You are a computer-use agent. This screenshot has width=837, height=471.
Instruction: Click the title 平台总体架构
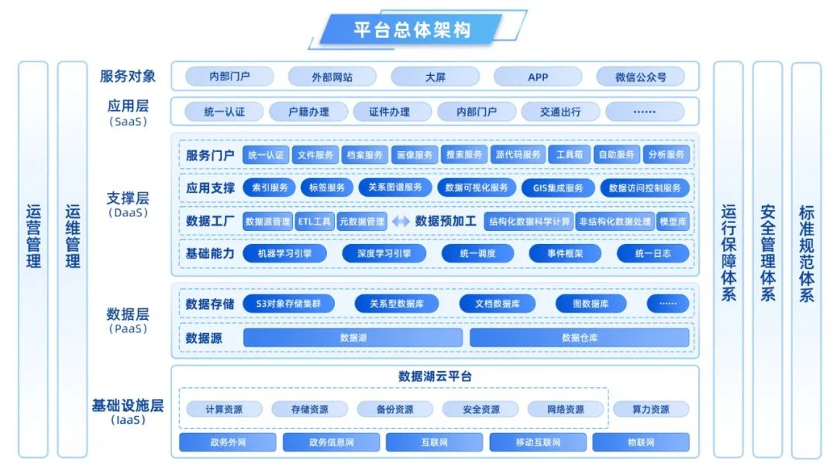[412, 29]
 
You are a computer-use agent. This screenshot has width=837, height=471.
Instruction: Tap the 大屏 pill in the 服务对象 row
[435, 77]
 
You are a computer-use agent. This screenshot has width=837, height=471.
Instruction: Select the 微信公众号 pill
[640, 77]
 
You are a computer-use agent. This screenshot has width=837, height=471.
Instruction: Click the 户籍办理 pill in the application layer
[308, 112]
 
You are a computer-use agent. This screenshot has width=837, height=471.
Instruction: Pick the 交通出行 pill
[560, 112]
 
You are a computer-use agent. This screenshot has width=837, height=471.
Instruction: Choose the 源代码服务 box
[517, 155]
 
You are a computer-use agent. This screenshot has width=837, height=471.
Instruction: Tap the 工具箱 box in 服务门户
[570, 155]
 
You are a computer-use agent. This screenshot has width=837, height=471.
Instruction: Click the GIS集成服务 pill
[558, 187]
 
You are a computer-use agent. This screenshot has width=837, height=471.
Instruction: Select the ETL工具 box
[315, 222]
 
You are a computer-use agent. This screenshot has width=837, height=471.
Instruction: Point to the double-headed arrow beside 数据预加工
[401, 222]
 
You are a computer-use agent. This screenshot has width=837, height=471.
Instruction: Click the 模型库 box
[673, 222]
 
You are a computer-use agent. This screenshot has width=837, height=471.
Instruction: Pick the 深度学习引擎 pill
[384, 253]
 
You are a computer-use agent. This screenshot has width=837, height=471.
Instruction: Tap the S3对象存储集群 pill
[288, 304]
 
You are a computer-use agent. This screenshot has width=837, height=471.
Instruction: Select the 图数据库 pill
[591, 304]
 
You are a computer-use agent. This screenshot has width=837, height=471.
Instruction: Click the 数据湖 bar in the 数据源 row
[353, 338]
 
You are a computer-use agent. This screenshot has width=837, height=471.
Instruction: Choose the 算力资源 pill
[651, 409]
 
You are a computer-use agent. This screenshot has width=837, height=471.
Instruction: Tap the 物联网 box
[641, 442]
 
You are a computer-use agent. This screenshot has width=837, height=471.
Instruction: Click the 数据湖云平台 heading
[435, 376]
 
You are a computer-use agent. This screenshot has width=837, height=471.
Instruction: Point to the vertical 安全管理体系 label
[767, 253]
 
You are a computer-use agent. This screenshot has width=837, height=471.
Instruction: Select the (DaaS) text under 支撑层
[128, 213]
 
